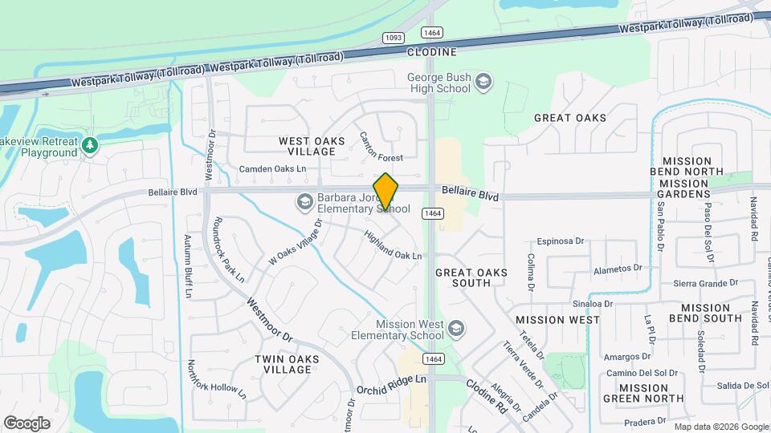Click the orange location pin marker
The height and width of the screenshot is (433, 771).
click(x=386, y=192)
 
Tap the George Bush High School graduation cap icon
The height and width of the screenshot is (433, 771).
click(x=483, y=81)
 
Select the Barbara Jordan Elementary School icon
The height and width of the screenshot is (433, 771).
click(x=304, y=202)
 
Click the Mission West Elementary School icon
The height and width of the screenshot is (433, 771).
click(x=456, y=329)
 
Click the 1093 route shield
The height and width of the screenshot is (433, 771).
click(x=394, y=37)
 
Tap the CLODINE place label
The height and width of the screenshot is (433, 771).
click(x=431, y=52)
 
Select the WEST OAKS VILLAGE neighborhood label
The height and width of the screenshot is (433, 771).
click(x=312, y=146)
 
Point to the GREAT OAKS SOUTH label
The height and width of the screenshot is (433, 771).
click(x=471, y=277)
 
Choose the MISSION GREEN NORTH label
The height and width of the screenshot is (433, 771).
click(x=643, y=393)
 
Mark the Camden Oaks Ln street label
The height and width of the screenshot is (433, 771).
click(x=273, y=169)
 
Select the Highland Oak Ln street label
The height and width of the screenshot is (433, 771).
click(x=393, y=245)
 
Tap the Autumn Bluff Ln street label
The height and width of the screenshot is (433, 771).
click(x=189, y=266)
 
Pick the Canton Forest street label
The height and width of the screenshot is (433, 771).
click(x=381, y=147)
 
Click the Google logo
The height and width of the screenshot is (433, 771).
click(x=27, y=423)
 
